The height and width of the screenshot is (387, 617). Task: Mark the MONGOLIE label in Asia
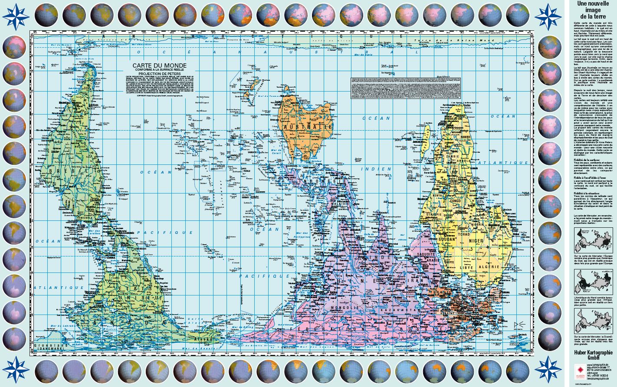tap(343, 307)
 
